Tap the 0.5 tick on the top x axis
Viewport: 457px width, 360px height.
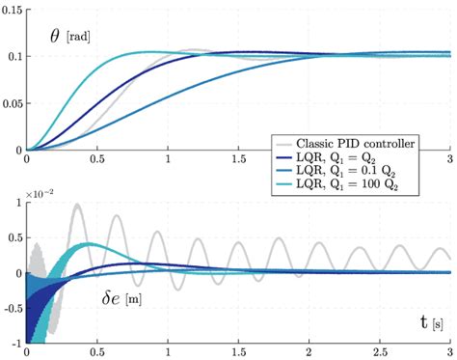[97, 159]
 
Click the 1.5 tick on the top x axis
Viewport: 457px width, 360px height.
[238, 159]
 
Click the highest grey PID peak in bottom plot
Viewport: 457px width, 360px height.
[77, 205]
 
